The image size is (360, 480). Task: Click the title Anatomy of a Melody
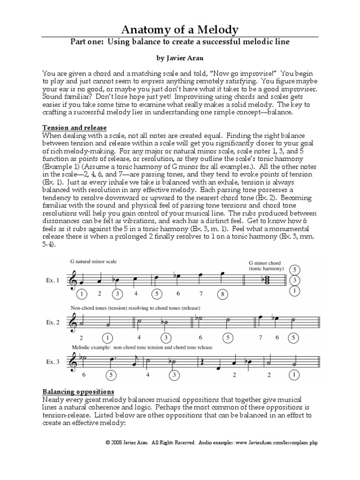tap(180, 30)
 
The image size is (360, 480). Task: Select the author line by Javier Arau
tap(180, 60)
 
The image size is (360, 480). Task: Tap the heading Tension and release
tap(75, 128)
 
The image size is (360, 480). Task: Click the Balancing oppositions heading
tap(78, 391)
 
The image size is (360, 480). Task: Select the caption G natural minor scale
tap(93, 262)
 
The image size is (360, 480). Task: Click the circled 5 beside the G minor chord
tap(294, 270)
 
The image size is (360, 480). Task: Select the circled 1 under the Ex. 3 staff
tap(294, 375)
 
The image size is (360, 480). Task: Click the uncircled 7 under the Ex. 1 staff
tap(201, 294)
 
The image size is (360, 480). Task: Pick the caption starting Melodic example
tap(142, 347)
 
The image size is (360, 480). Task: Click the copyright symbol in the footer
tap(108, 442)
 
